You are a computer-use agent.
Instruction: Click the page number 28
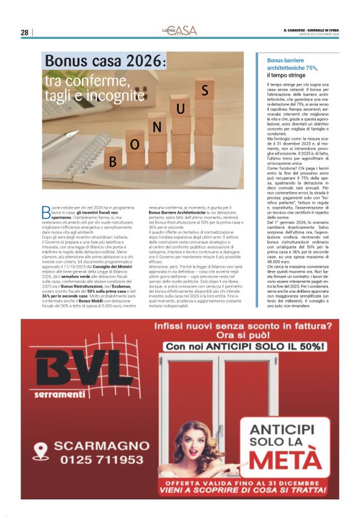[x=24, y=32]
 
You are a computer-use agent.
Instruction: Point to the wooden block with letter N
[x=157, y=127]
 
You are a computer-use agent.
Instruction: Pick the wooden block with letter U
[x=180, y=109]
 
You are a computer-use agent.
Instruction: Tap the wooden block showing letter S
[x=204, y=89]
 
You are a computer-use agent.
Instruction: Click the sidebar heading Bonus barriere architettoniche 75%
[x=292, y=64]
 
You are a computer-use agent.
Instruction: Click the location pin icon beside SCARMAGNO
[x=41, y=450]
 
